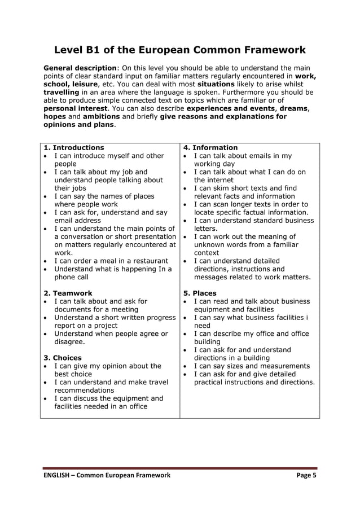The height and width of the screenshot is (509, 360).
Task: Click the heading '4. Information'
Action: pyautogui.click(x=210, y=148)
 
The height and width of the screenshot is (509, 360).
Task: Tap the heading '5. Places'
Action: pyautogui.click(x=200, y=293)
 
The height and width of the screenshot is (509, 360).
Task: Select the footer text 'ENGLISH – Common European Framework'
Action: pyautogui.click(x=107, y=475)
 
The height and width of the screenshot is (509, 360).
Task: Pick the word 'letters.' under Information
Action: pyautogui.click(x=206, y=229)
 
